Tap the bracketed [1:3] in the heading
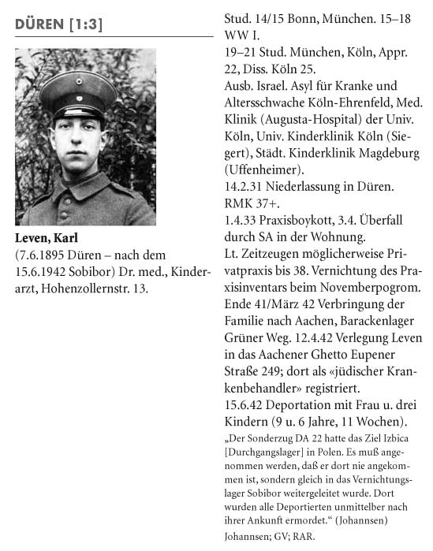pyautogui.click(x=86, y=24)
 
